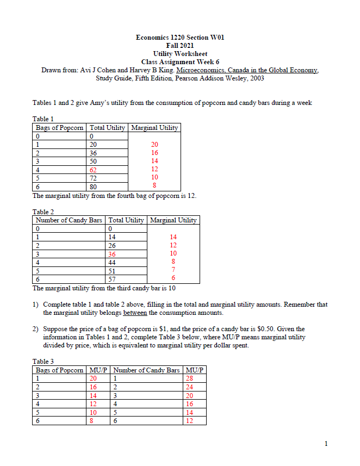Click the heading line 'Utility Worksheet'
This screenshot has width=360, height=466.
coord(179,54)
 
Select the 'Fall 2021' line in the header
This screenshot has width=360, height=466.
coord(179,46)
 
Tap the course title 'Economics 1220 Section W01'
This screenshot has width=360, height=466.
coord(179,38)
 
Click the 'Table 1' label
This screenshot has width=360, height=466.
coord(44,119)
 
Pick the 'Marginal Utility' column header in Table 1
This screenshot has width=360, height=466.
coord(154,128)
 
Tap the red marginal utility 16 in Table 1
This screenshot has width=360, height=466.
coord(154,153)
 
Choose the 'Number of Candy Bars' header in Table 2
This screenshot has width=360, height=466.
coord(69,220)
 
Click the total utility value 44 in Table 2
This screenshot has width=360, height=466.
coord(112,262)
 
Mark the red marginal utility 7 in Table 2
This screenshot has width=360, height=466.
coord(173,270)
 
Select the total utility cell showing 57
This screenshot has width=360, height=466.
coord(112,278)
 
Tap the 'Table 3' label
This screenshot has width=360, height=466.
coord(44,361)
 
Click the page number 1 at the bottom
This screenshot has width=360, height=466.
coord(326,444)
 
